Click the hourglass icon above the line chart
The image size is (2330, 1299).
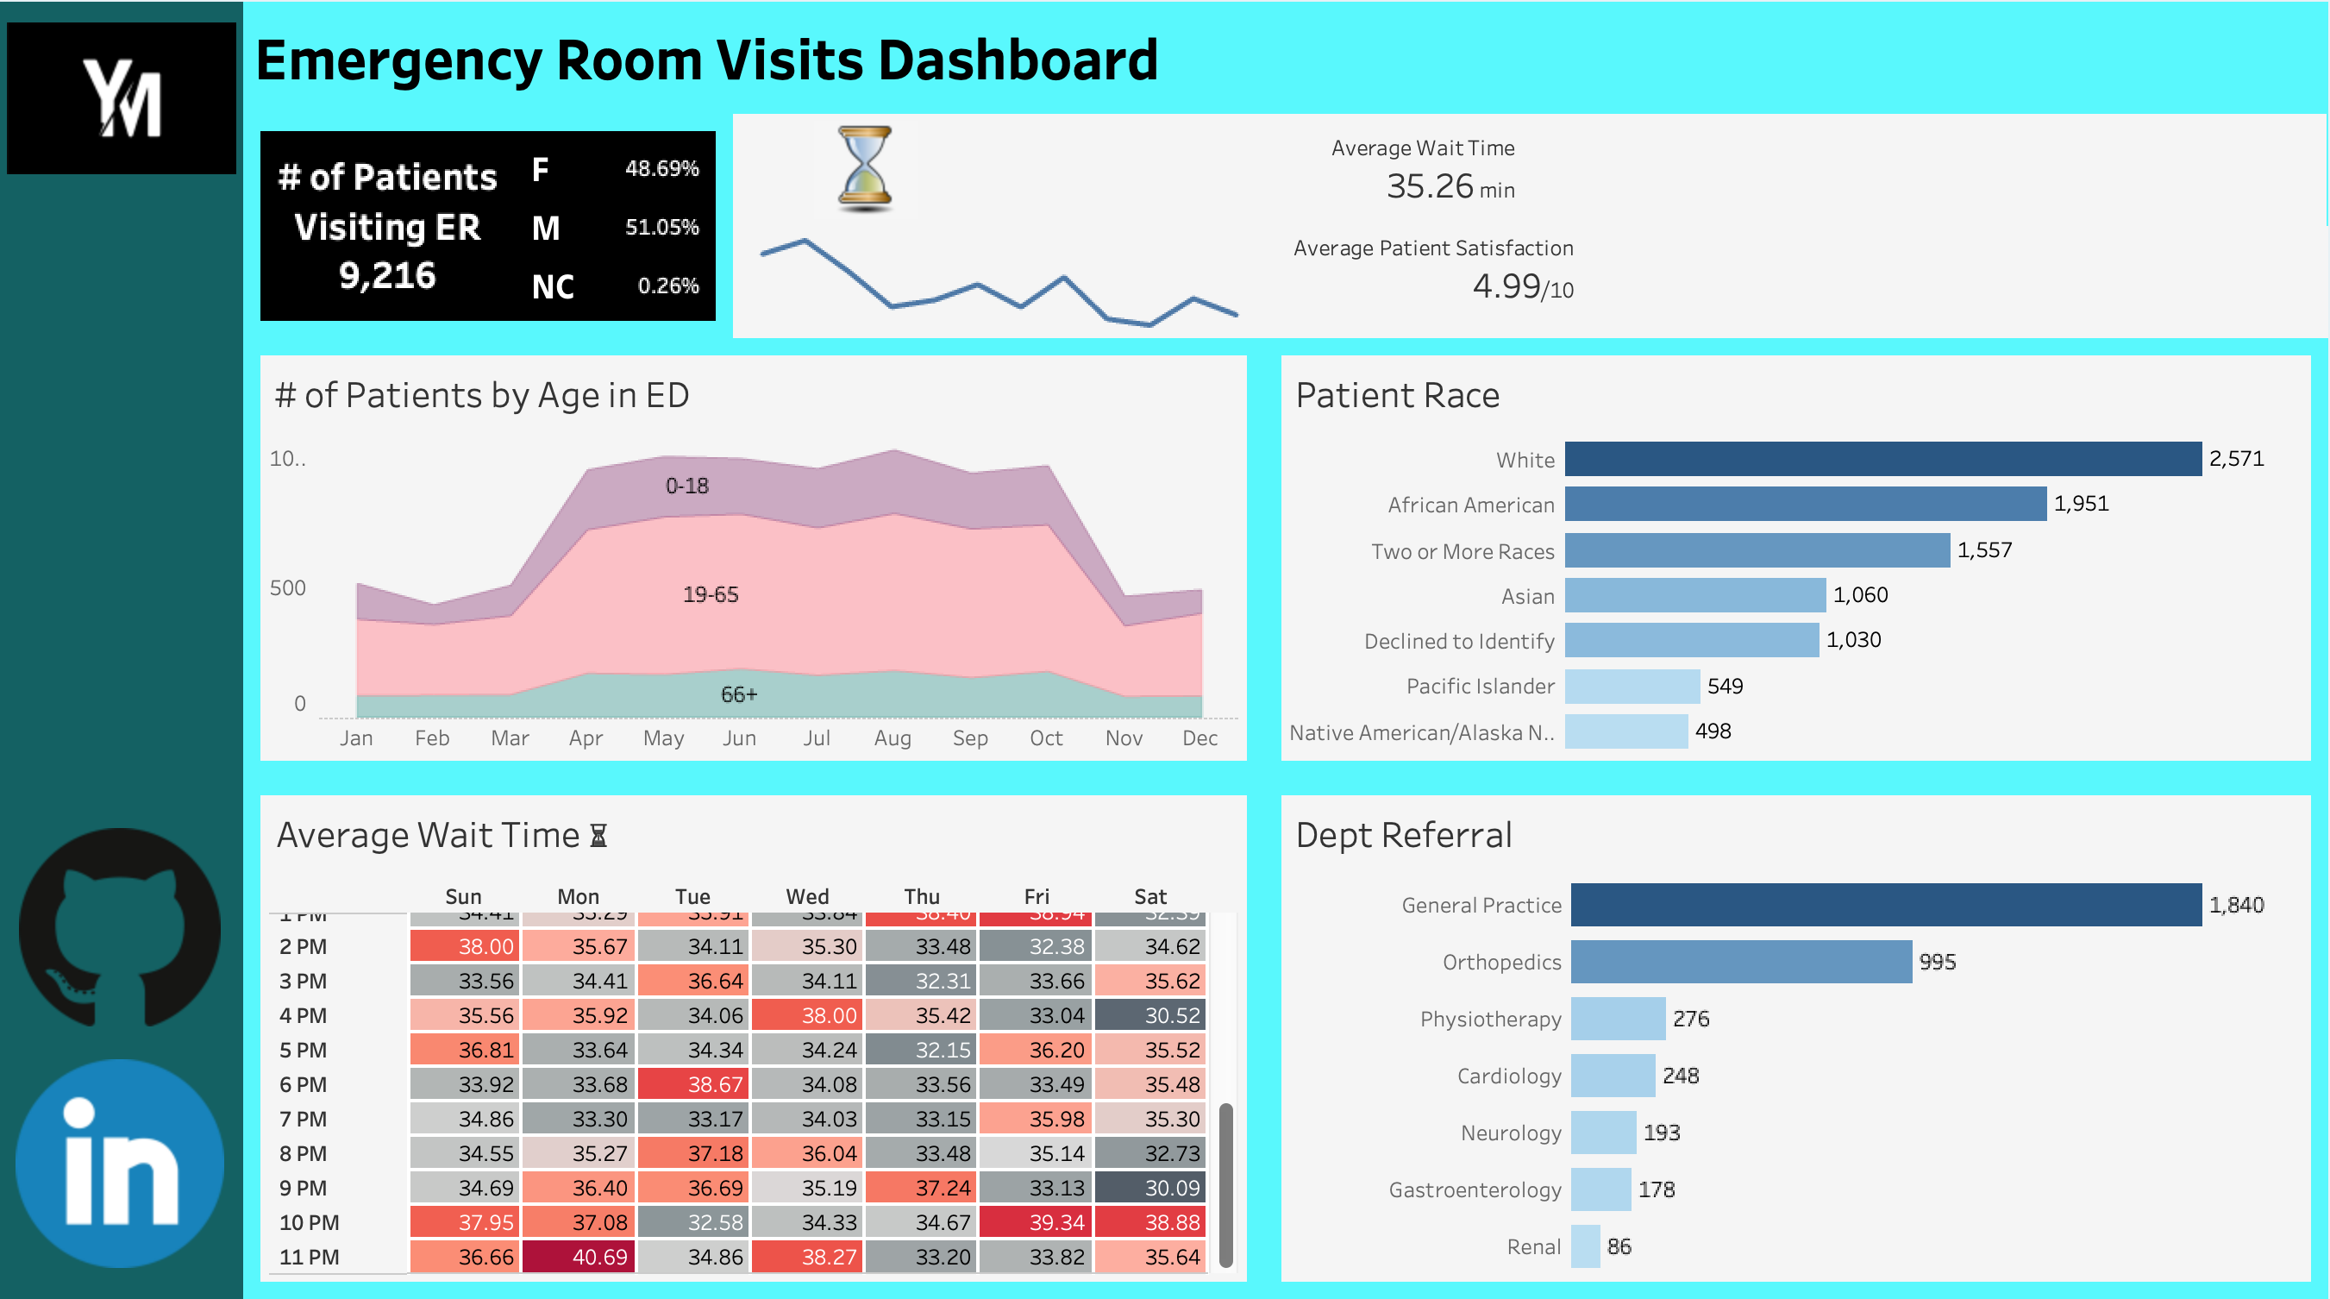[866, 169]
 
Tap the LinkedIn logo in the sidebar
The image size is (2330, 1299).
[121, 1164]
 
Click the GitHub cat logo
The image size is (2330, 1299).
[121, 926]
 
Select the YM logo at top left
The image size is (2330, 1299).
[122, 97]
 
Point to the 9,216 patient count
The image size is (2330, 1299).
[387, 275]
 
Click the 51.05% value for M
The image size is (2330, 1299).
[661, 227]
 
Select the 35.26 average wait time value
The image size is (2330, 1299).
[1429, 186]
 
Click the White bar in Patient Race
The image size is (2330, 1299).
[1882, 459]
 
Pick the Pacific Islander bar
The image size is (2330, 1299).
[1631, 686]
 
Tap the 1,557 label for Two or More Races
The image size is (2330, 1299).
[1983, 550]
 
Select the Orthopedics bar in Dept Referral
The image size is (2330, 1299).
[1740, 962]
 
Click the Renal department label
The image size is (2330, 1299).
[1533, 1246]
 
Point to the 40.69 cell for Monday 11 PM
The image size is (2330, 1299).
[579, 1257]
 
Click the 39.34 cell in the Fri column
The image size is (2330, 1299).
[1036, 1222]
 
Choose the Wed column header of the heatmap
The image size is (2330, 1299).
[807, 896]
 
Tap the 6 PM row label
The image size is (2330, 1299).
[303, 1084]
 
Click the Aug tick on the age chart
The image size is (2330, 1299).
[892, 738]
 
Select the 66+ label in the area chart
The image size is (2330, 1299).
[738, 694]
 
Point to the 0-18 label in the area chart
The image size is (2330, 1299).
[686, 486]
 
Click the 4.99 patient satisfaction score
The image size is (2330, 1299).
[1506, 286]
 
